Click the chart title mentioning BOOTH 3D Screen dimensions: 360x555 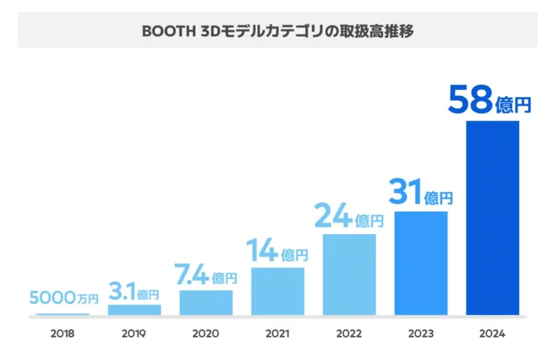[x=277, y=31]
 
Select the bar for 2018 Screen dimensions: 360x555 [x=63, y=314]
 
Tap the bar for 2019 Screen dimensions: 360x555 [x=134, y=310]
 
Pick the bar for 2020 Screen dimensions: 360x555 [x=206, y=302]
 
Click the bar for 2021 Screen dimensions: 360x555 [x=277, y=291]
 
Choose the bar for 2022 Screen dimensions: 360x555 [x=349, y=274]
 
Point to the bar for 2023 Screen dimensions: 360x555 [x=421, y=263]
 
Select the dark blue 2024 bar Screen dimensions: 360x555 [x=493, y=218]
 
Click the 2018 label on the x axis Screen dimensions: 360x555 [x=63, y=334]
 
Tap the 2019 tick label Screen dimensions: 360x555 [x=134, y=334]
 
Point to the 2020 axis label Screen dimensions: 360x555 [x=206, y=334]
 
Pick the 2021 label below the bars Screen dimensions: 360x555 [x=277, y=334]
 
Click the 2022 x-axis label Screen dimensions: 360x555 [x=349, y=334]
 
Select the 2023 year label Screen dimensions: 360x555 [x=421, y=334]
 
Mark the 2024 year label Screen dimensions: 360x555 [x=493, y=334]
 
